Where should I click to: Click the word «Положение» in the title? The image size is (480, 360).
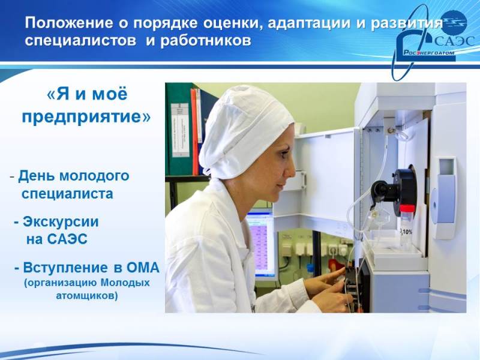pyautogui.click(x=69, y=23)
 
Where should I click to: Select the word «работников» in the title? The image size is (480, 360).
pyautogui.click(x=206, y=41)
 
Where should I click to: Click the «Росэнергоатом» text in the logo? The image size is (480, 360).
pyautogui.click(x=428, y=52)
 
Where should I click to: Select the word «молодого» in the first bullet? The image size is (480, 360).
pyautogui.click(x=94, y=176)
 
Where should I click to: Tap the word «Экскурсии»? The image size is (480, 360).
pyautogui.click(x=61, y=222)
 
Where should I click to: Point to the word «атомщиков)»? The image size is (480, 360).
pyautogui.click(x=86, y=296)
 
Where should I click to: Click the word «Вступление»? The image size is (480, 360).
pyautogui.click(x=65, y=268)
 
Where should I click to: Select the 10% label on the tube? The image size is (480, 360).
pyautogui.click(x=407, y=232)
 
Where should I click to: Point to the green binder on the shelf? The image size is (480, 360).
pyautogui.click(x=179, y=129)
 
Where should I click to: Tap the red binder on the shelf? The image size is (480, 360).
pyautogui.click(x=194, y=131)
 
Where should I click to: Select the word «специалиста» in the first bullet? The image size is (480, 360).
pyautogui.click(x=67, y=194)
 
